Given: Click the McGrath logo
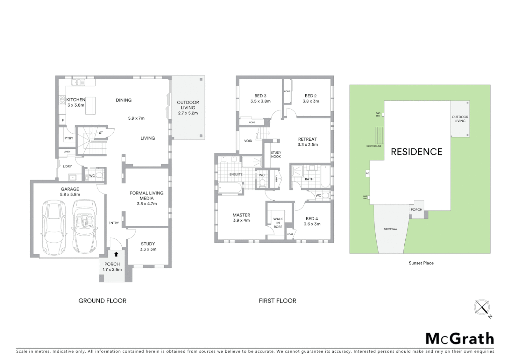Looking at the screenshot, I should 459,339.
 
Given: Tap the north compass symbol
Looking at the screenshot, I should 482,307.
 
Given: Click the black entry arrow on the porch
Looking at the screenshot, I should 116,254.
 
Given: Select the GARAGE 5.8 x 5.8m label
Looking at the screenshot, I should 70,192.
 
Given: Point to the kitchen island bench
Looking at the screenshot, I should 90,105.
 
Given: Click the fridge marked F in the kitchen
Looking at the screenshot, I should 62,120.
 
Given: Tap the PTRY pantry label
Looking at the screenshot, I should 69,138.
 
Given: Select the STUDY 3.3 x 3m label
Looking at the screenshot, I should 148,246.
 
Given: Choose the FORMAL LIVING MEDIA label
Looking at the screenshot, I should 146,196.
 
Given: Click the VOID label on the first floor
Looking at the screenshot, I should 248,141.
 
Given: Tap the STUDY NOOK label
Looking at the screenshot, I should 276,154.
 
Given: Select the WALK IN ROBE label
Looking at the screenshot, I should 278,223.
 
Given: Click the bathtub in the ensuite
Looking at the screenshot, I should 230,188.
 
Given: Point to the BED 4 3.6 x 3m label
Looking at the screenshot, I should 312,221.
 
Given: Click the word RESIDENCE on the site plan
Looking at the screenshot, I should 416,152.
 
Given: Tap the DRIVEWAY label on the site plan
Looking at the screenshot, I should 390,229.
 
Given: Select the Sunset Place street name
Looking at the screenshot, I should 421,263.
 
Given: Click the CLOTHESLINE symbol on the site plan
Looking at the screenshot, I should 380,135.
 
